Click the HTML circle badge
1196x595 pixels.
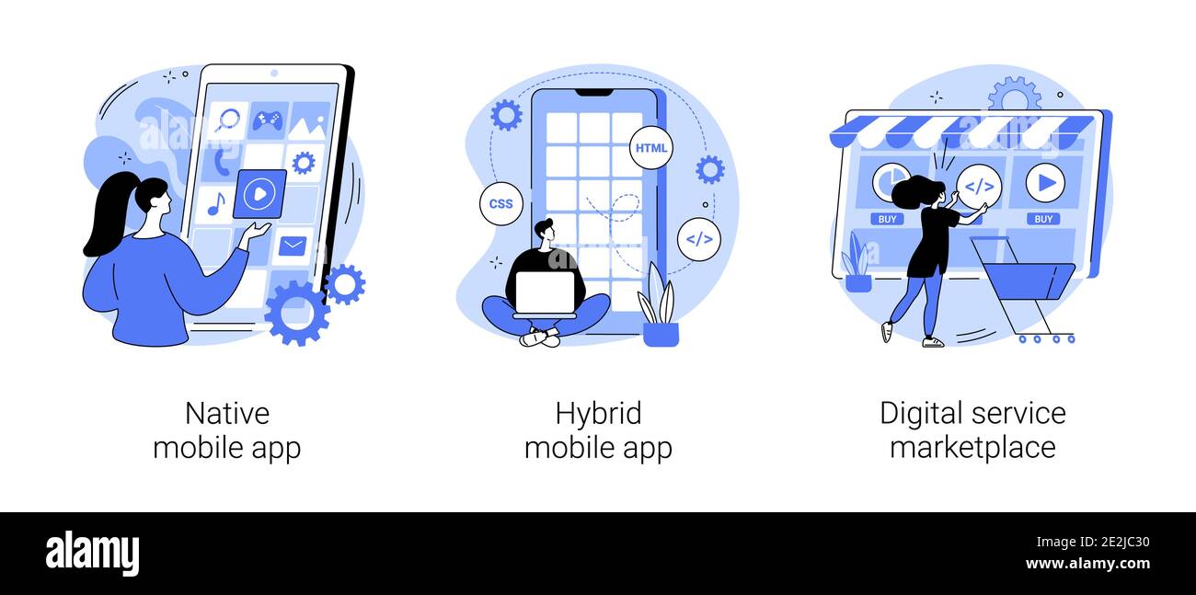(x=650, y=148)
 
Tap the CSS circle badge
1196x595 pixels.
(x=500, y=204)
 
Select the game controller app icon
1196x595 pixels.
(x=268, y=120)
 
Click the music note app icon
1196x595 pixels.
(x=215, y=203)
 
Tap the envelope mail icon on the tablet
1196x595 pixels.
(x=293, y=246)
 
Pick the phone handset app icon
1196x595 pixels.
(x=222, y=163)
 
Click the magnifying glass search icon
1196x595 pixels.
(x=228, y=120)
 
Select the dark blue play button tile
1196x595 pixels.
(x=260, y=194)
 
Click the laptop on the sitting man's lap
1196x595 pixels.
(x=546, y=293)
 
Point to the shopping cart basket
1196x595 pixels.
(x=1028, y=280)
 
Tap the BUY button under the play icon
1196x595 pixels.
(x=1043, y=219)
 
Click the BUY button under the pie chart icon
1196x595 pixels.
(x=888, y=219)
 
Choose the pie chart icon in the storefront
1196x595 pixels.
(x=889, y=181)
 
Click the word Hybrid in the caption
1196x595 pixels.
(x=598, y=414)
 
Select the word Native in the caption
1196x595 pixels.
(x=227, y=414)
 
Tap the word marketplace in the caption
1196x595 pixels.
(x=972, y=447)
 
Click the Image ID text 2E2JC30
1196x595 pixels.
(x=1125, y=543)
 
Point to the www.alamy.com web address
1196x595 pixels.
(x=1087, y=564)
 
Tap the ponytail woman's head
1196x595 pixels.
(x=151, y=193)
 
